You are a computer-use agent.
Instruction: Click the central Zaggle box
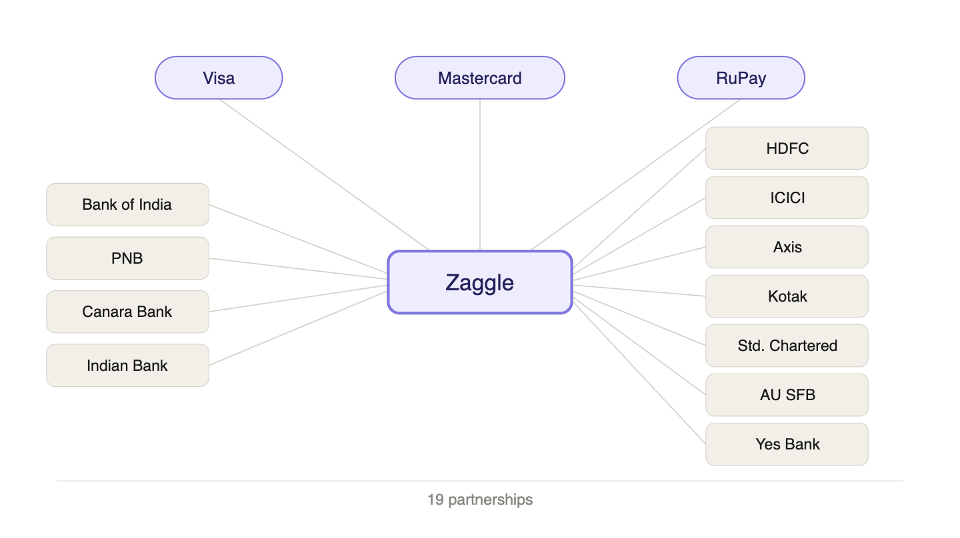pos(480,282)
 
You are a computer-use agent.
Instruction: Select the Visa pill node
pos(219,78)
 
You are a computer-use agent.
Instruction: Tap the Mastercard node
pos(480,78)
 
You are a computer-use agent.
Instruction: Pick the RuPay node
pos(741,78)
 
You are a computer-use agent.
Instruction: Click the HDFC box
pos(787,148)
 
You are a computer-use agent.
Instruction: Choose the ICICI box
pos(787,198)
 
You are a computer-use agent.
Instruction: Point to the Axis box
pos(787,247)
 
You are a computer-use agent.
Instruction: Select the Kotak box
pos(787,296)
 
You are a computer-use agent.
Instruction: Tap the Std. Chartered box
pos(787,346)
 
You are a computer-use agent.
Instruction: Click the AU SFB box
pos(787,395)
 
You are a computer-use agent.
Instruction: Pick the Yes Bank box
pos(787,444)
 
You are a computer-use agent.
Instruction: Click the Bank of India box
pos(127,204)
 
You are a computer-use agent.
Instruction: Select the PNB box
pos(127,258)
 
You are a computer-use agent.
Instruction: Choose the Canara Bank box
pos(127,312)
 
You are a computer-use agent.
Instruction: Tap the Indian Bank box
pos(127,366)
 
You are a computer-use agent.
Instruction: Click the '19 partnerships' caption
pos(480,499)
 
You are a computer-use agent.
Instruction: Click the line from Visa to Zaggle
pos(324,175)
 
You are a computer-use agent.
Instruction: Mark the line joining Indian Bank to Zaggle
pos(298,328)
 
